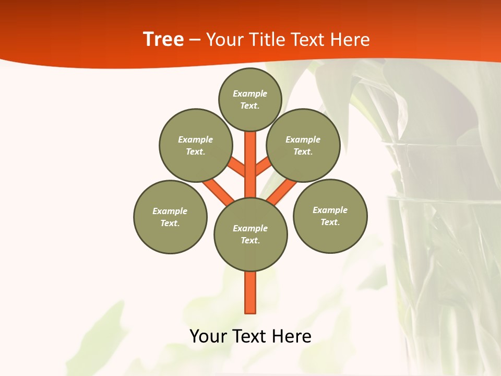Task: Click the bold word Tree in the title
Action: [x=163, y=39]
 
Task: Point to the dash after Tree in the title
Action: [x=195, y=40]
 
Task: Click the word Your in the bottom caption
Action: [x=208, y=336]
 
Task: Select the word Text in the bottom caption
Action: [x=248, y=336]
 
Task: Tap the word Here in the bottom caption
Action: [x=292, y=336]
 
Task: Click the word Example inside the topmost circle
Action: [x=250, y=93]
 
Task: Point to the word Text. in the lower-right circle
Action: [x=330, y=222]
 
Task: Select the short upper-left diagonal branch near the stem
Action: [x=237, y=167]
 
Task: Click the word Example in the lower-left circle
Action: [x=170, y=211]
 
